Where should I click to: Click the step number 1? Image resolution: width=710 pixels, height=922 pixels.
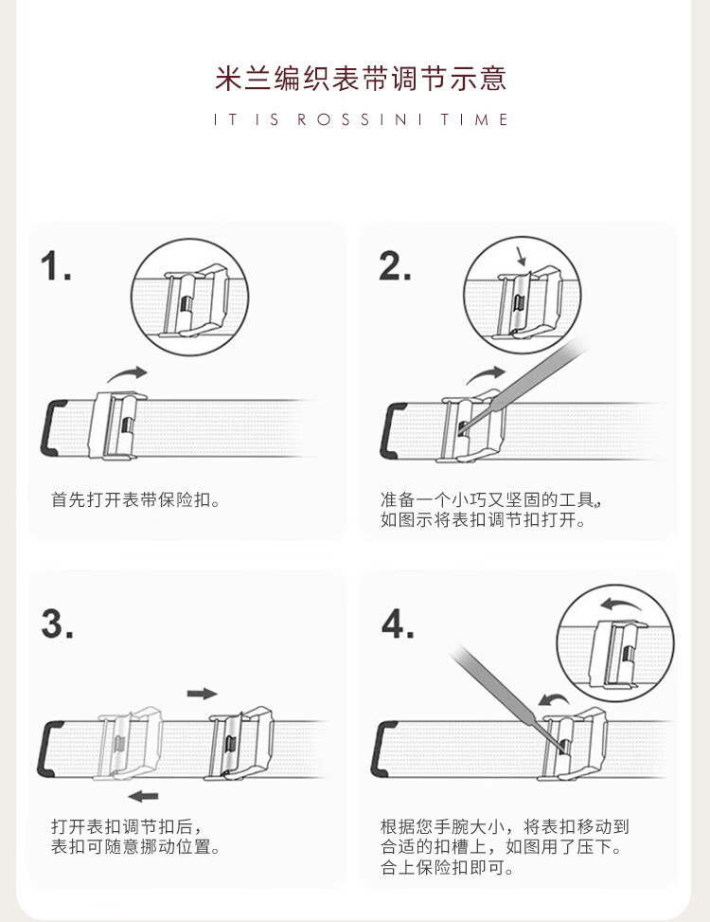tap(56, 265)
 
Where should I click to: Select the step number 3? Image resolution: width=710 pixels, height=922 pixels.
tap(57, 624)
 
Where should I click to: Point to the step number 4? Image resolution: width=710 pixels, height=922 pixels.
tap(397, 624)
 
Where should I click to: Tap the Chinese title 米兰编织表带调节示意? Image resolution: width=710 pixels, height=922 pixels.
tap(360, 79)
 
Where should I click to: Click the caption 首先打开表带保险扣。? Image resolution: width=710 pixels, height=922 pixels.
tap(135, 499)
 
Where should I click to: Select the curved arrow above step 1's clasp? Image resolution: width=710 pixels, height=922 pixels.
tap(126, 374)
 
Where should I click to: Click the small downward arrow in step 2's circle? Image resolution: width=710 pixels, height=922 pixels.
tap(521, 257)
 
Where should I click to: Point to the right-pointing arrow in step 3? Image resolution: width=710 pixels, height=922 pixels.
tap(202, 694)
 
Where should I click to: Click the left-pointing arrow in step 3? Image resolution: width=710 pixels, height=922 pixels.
tap(143, 796)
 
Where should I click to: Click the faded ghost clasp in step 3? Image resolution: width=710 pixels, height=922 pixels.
tap(129, 743)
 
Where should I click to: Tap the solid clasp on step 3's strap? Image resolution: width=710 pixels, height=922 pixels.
tap(239, 743)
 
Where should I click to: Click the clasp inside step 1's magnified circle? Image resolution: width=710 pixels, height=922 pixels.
tap(194, 301)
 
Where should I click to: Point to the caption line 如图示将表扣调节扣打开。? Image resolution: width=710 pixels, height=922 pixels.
tap(483, 520)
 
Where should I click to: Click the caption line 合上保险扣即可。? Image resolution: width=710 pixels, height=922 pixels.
tap(447, 867)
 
